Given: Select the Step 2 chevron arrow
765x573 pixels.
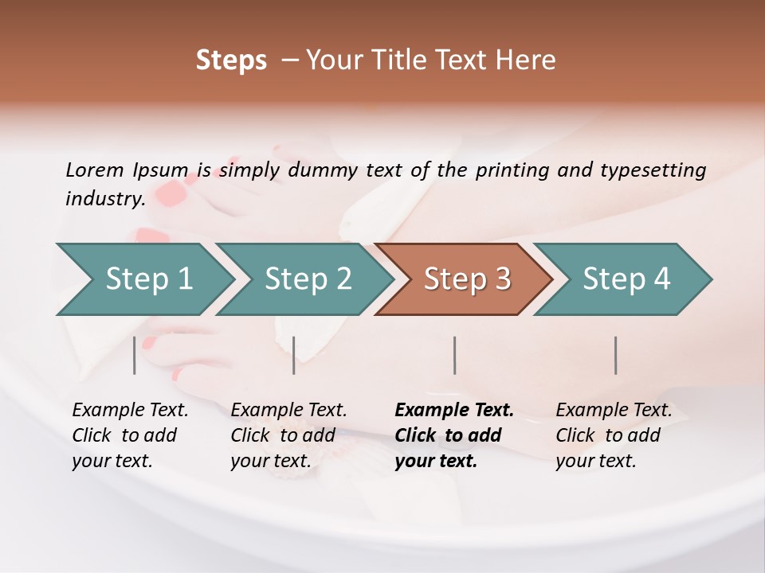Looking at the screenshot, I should click(306, 279).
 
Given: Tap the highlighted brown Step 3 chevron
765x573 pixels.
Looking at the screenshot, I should click(465, 279).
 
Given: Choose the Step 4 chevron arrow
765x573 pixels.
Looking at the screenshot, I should click(625, 279).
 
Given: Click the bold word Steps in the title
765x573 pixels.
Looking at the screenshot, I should click(231, 60).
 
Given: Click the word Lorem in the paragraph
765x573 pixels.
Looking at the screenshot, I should click(94, 170).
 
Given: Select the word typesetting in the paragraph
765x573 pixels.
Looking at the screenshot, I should click(653, 170).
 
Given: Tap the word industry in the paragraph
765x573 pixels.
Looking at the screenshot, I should click(104, 198).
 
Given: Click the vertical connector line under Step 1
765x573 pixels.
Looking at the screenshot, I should click(135, 355).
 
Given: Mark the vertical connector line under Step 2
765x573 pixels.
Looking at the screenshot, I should click(294, 355).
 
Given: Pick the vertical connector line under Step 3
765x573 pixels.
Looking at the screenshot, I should click(454, 355).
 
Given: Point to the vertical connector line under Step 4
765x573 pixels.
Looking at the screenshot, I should click(615, 355).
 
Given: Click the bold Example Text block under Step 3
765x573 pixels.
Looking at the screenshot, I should click(454, 435).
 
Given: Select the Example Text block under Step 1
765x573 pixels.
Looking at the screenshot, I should click(130, 435).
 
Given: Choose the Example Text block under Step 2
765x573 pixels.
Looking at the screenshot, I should click(288, 435).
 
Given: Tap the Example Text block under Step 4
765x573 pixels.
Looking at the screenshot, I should click(614, 435).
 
